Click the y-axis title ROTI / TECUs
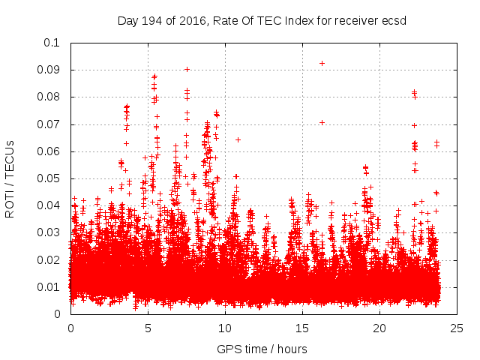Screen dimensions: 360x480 [x=10, y=178]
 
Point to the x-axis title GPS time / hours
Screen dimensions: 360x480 [x=262, y=349]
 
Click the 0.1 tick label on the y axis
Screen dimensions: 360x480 [x=52, y=43]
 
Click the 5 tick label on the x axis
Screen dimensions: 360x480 [x=148, y=328]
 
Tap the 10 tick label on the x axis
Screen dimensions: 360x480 [x=225, y=328]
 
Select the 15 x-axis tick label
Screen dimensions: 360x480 [x=302, y=328]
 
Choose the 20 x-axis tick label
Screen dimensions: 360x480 [x=379, y=328]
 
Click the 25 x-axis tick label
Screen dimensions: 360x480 [x=457, y=328]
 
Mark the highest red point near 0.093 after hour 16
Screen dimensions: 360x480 [x=322, y=63]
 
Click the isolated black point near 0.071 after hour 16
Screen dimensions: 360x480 [x=322, y=122]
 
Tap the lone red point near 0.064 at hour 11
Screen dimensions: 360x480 [x=238, y=139]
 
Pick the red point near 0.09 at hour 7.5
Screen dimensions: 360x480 [x=187, y=69]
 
